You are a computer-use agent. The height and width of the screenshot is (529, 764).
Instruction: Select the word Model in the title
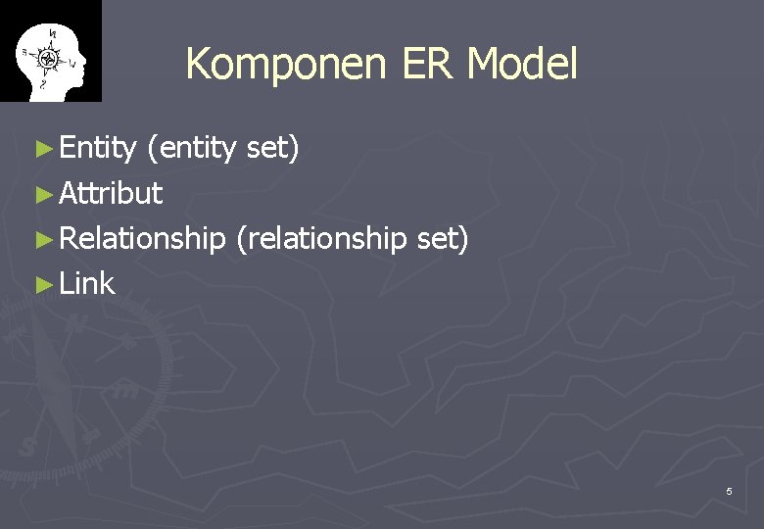522,65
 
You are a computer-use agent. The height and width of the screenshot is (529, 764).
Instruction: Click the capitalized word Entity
97,149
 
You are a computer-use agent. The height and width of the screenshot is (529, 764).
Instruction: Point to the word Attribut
111,194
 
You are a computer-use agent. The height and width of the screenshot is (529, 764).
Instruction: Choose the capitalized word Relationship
142,239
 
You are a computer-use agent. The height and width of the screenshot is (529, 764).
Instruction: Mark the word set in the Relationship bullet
443,239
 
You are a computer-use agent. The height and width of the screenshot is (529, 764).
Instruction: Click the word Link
87,284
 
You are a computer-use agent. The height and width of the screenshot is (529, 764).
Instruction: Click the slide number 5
729,491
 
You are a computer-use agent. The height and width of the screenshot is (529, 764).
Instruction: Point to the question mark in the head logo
42,84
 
